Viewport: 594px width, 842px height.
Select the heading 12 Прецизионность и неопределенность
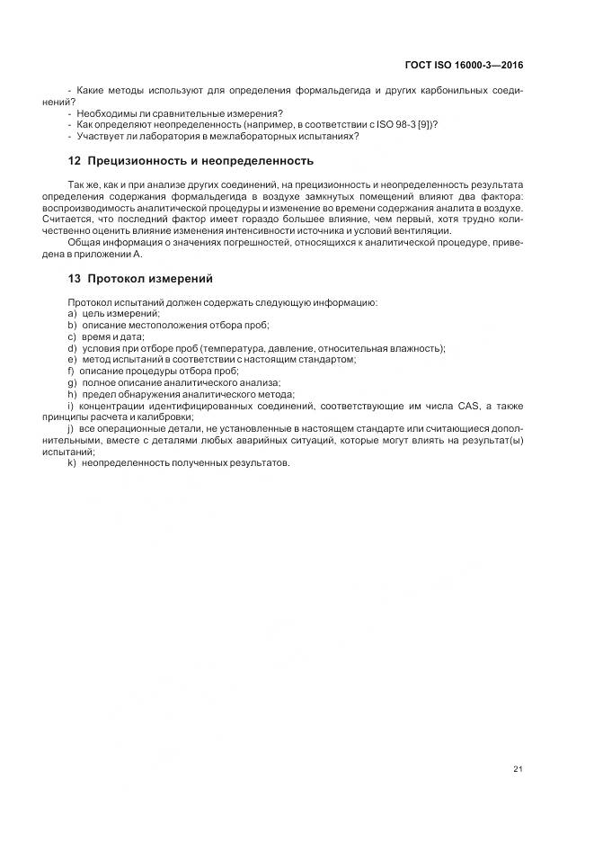(x=191, y=161)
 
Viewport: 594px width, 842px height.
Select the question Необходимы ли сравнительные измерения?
(x=180, y=113)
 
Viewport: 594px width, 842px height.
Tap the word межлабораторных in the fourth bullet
(x=260, y=136)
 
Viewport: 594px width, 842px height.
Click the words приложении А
(x=105, y=254)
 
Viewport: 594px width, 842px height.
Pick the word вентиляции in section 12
(x=424, y=230)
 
